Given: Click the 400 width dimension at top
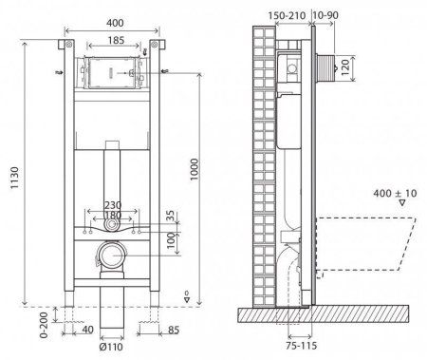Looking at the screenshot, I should (114, 21).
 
